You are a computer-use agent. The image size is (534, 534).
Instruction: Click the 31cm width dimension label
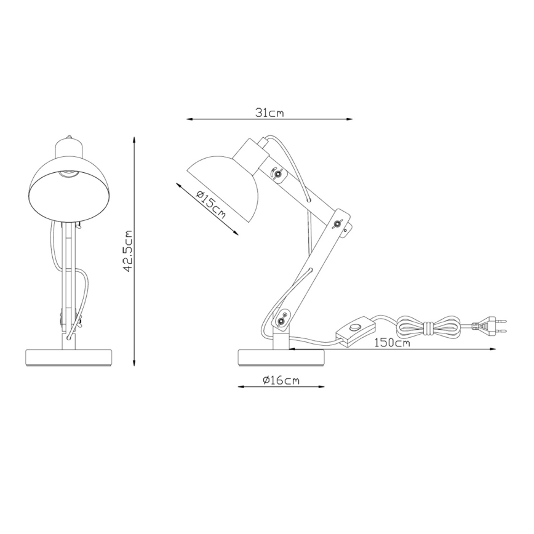coord(269,113)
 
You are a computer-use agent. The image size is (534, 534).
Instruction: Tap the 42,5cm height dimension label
coord(129,251)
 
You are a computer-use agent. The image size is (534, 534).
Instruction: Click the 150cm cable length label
coord(391,343)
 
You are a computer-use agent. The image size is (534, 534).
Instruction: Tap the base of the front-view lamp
coord(70,357)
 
